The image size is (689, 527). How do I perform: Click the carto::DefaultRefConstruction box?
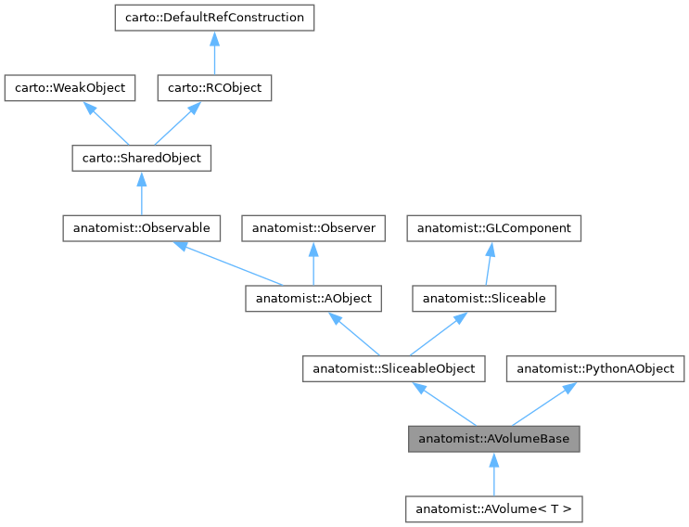click(x=214, y=18)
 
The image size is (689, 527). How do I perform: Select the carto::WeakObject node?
click(x=70, y=88)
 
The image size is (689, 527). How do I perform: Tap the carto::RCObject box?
click(x=214, y=88)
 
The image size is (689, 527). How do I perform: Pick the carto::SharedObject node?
click(x=141, y=158)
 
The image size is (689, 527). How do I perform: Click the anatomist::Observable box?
click(x=141, y=227)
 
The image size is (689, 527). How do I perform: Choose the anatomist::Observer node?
click(x=313, y=227)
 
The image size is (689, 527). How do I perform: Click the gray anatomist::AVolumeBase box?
click(x=494, y=439)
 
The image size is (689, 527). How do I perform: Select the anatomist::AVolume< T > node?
click(x=494, y=508)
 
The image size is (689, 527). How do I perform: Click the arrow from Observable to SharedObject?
click(x=141, y=193)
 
